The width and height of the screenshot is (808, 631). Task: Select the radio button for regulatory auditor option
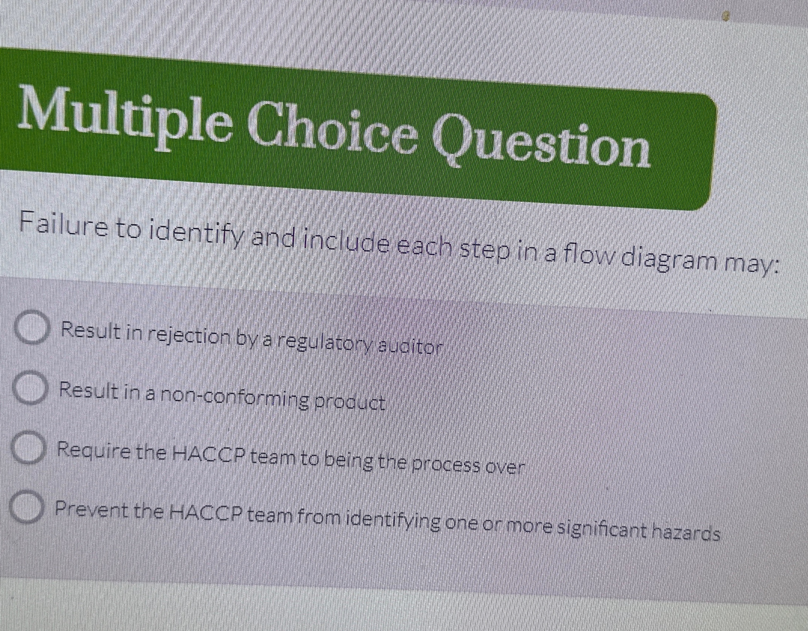click(32, 326)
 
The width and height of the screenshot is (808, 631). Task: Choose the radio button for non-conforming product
click(30, 387)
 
